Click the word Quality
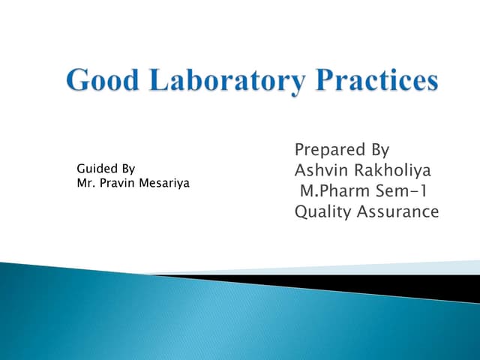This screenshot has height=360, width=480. [322, 212]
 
